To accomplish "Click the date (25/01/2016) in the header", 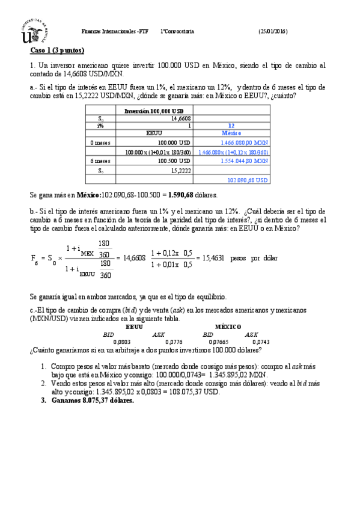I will tap(273, 31).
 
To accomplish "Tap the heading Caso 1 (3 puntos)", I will tap(57, 50).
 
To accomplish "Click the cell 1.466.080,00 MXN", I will tap(244, 143).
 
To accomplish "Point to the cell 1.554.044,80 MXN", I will tap(244, 161).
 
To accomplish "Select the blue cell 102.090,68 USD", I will tap(248, 180).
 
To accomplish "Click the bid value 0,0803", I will tap(122, 341).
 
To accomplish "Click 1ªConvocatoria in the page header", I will tap(177, 31).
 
